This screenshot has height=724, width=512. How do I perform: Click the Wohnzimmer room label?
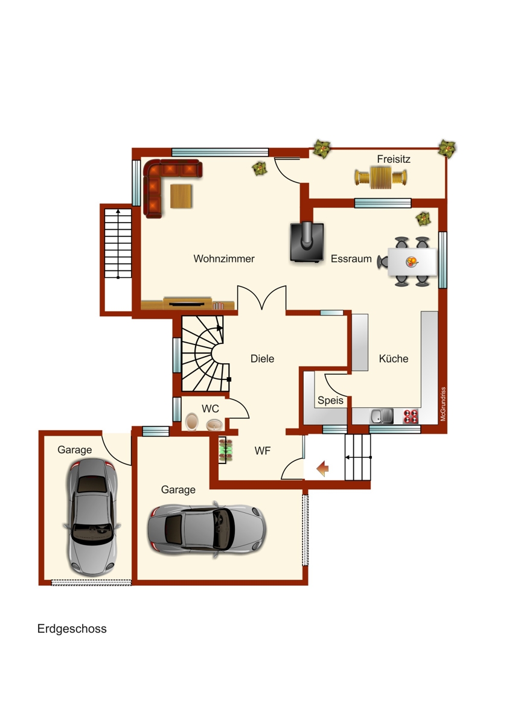coord(224,259)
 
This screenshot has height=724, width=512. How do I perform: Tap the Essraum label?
coord(351,259)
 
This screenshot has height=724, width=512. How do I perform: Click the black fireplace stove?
coord(307,243)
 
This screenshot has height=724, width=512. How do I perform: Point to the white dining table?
coord(411,261)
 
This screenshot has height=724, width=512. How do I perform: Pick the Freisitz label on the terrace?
coord(394,159)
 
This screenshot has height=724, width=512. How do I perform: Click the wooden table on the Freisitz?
coord(381,178)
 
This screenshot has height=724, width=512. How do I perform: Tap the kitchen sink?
coord(382,416)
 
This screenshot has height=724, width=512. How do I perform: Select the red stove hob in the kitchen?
coord(411,416)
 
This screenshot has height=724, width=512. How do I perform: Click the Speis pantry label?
coord(330,401)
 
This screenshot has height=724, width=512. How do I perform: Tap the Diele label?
coord(262,358)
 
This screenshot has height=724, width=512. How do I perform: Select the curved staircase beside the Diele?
coord(204,355)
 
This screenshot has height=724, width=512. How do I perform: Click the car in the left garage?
coord(92,516)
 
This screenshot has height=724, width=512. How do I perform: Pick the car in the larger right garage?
coord(206,529)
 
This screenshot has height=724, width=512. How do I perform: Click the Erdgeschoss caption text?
coord(72,629)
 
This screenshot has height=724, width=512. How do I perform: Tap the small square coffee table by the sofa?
coord(182,196)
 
